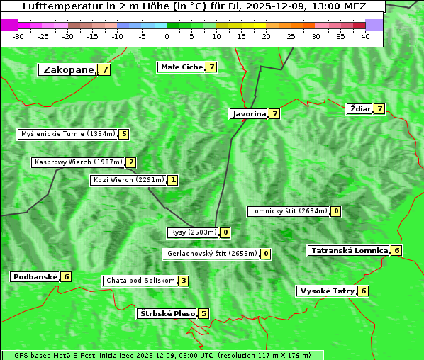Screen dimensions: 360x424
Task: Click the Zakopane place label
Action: point(68,69)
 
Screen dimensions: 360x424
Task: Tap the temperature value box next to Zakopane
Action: point(105,69)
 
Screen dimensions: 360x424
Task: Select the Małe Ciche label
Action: point(181,67)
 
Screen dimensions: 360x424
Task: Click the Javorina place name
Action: point(249,113)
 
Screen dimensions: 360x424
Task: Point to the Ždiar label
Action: point(360,108)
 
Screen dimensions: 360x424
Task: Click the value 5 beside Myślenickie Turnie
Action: point(124,133)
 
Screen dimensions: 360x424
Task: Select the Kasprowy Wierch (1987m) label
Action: point(78,162)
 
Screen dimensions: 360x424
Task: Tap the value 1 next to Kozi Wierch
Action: point(173,180)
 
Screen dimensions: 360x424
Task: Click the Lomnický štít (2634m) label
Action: point(289,211)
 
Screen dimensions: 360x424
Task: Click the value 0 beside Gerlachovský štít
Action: point(266,254)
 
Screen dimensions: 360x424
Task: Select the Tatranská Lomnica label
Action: point(349,250)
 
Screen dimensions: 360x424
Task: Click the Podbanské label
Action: point(35,276)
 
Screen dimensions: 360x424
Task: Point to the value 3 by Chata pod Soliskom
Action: point(183,281)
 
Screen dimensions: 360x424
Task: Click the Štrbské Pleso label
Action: point(167,313)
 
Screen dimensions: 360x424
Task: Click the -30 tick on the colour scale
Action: point(18,36)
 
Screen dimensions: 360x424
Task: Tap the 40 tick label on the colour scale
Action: point(365,36)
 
